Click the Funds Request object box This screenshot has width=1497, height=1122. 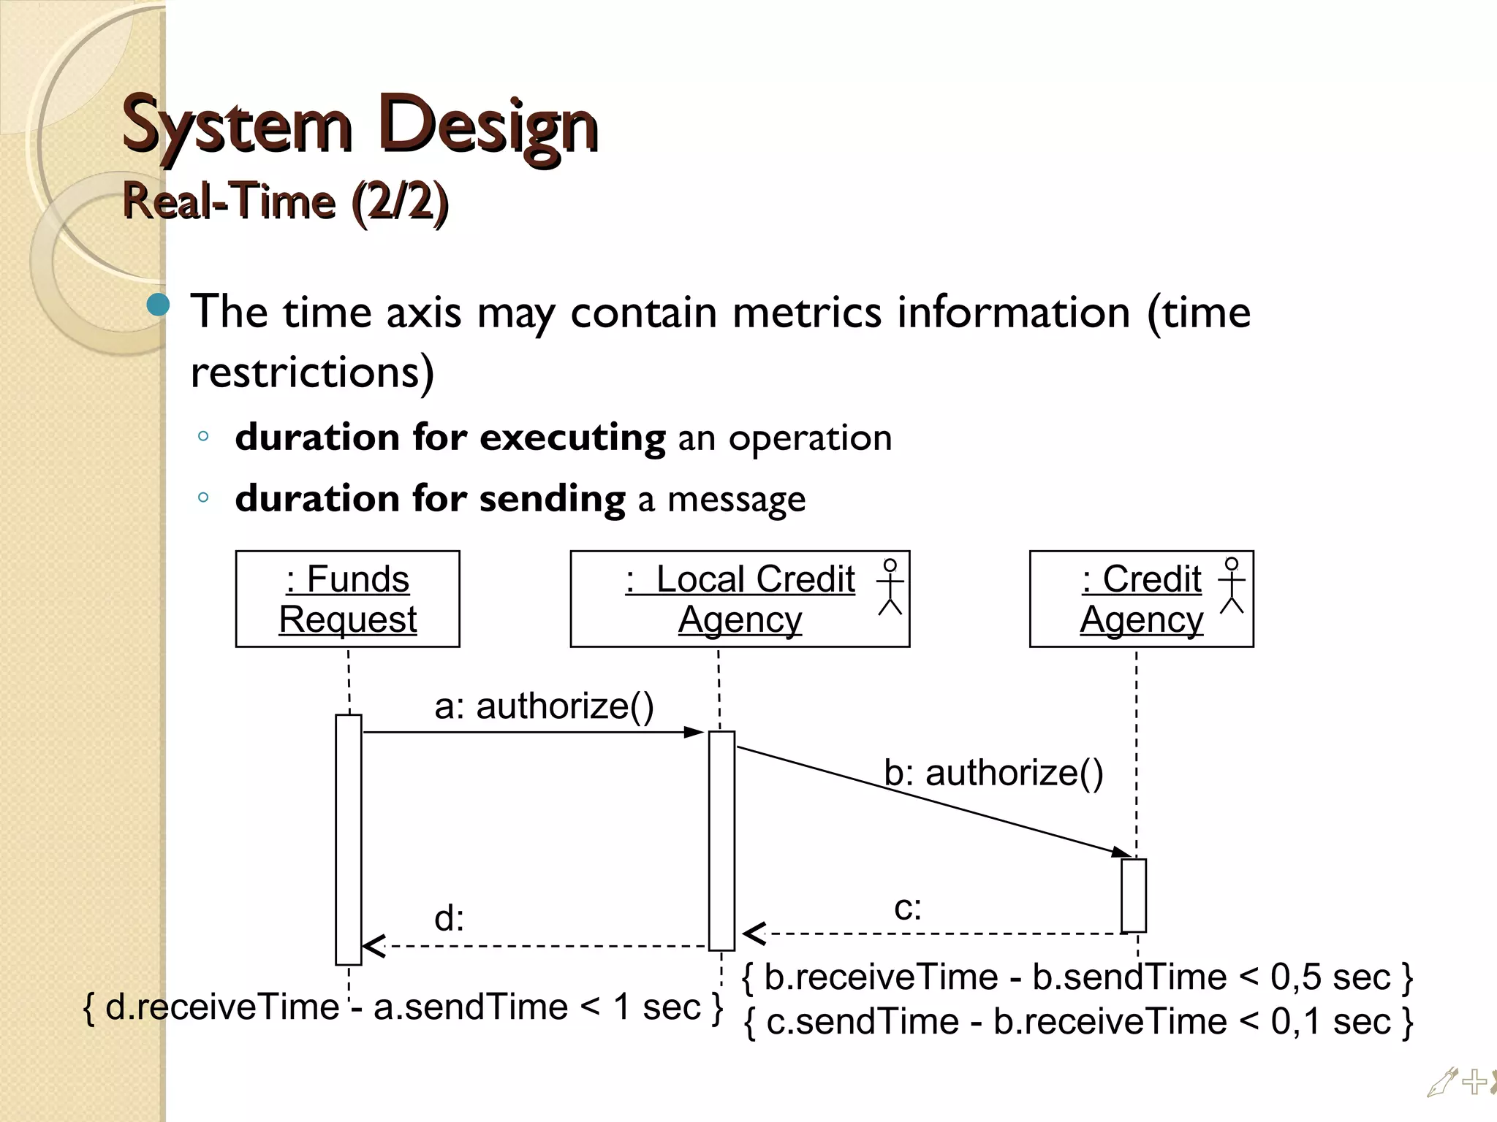click(347, 599)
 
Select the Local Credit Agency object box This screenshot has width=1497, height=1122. click(740, 599)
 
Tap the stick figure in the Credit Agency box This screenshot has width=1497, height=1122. click(1232, 585)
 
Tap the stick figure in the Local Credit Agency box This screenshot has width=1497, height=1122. click(890, 587)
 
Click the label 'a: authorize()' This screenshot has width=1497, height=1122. click(544, 706)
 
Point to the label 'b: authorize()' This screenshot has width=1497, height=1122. click(993, 773)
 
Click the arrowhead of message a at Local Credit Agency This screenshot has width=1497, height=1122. click(694, 732)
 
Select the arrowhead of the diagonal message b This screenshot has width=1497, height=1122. click(1121, 852)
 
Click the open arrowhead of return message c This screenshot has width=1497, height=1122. click(754, 934)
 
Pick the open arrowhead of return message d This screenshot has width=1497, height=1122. click(374, 946)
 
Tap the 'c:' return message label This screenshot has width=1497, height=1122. click(908, 908)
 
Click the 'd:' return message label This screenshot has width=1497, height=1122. click(449, 918)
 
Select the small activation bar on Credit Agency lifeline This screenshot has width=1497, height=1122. click(1134, 896)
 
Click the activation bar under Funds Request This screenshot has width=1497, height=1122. click(349, 840)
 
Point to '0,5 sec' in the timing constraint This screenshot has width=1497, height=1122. click(1330, 977)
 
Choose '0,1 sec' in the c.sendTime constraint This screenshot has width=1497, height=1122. click(1330, 1022)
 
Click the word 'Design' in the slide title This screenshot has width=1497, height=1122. click(489, 126)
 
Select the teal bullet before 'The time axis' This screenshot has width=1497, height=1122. click(158, 305)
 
